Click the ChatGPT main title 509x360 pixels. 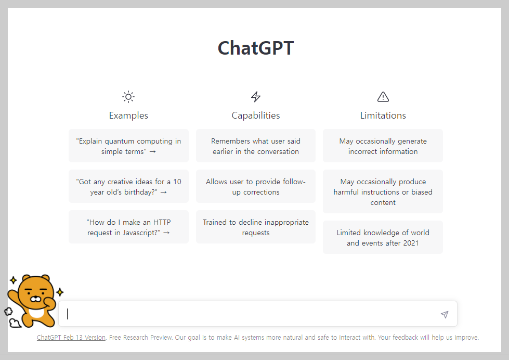click(255, 48)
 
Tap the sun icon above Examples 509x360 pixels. click(128, 97)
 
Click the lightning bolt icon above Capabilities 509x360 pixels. click(256, 97)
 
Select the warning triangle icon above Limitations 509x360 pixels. click(383, 97)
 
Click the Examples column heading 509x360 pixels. click(128, 115)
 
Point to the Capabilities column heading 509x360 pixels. click(256, 115)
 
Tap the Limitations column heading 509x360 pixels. click(383, 115)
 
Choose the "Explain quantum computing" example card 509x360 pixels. click(128, 146)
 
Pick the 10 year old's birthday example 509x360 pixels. click(128, 187)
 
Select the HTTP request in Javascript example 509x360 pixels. click(128, 227)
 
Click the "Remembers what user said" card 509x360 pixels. click(256, 146)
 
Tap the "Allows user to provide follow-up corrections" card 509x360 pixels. click(256, 187)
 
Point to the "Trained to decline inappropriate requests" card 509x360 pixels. click(256, 227)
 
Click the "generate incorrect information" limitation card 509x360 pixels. click(383, 146)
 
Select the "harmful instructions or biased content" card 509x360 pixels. click(383, 192)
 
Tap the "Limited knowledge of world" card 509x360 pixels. click(383, 238)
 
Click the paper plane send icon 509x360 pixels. click(445, 314)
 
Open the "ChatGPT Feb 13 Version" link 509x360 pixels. click(71, 338)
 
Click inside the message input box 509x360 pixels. click(250, 314)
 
